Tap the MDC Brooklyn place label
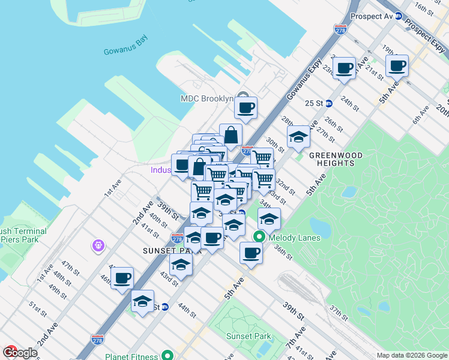pyautogui.click(x=206, y=98)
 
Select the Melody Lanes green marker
pyautogui.click(x=259, y=237)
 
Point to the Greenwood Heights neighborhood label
pyautogui.click(x=336, y=159)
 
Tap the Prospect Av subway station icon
pyautogui.click(x=399, y=16)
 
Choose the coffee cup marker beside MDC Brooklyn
pyautogui.click(x=246, y=109)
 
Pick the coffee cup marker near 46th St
pyautogui.click(x=122, y=278)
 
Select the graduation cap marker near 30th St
pyautogui.click(x=298, y=137)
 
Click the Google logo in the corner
pyautogui.click(x=19, y=353)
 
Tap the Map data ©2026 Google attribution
pyautogui.click(x=412, y=355)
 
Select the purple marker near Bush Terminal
pyautogui.click(x=99, y=245)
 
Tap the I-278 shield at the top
pyautogui.click(x=340, y=28)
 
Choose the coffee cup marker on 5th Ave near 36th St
pyautogui.click(x=251, y=253)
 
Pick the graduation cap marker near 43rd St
pyautogui.click(x=181, y=265)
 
